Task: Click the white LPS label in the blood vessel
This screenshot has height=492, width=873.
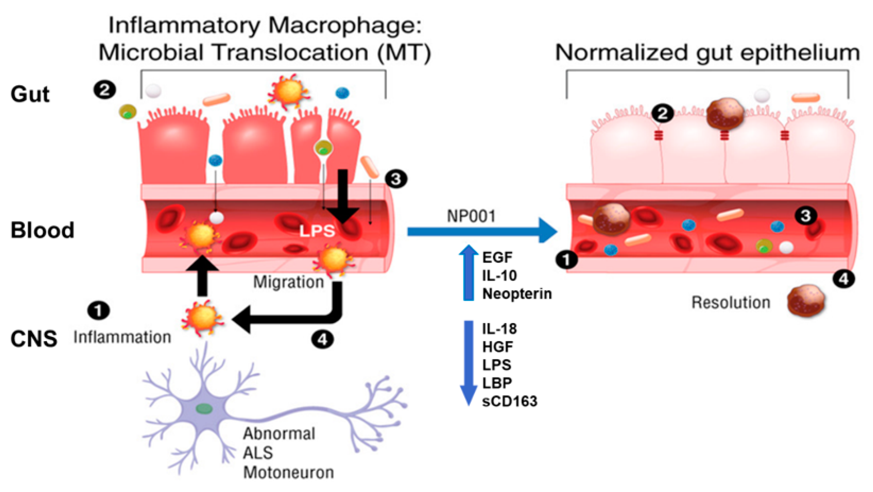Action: coord(317,231)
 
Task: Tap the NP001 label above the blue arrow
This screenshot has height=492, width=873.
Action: coord(471,216)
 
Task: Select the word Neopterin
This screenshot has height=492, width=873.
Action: coord(517,294)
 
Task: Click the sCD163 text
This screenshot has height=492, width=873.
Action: coord(510,401)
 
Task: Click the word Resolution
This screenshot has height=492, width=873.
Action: coord(731,302)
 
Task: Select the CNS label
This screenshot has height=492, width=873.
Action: coord(34,338)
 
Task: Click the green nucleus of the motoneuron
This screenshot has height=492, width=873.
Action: coord(204,408)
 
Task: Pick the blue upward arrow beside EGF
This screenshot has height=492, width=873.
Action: coord(468,273)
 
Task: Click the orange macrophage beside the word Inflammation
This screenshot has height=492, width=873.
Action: coord(203,318)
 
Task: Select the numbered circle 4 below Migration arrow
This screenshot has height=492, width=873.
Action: coord(322,339)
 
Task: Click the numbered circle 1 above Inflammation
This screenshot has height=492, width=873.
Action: coord(99,310)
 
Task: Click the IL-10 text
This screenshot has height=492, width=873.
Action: coord(499,276)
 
